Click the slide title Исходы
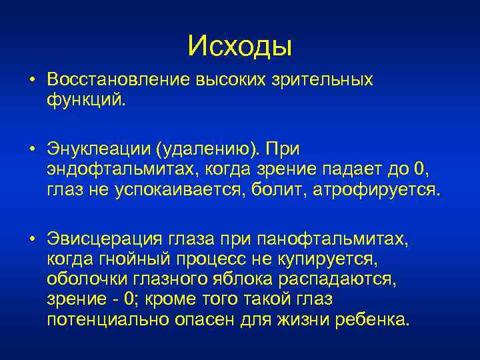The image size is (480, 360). point(240,45)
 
